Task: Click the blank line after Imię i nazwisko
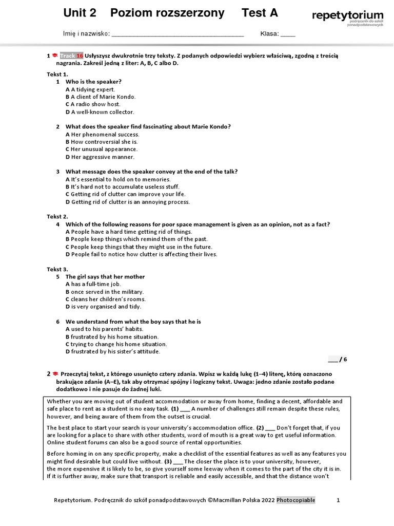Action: (178, 34)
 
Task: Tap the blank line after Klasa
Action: (288, 34)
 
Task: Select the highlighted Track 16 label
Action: (71, 55)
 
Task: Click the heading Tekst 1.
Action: (57, 74)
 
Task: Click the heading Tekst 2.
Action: (57, 217)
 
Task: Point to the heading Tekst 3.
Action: (57, 269)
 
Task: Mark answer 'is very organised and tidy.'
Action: (104, 307)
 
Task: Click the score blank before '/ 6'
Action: (332, 360)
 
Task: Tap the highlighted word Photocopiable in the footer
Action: (296, 500)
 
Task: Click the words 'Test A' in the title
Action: (260, 13)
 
